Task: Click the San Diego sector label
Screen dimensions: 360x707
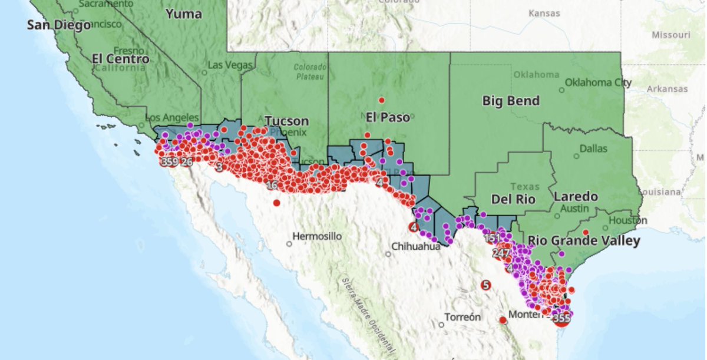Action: [x=58, y=25]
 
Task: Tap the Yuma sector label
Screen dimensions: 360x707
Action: [x=183, y=14]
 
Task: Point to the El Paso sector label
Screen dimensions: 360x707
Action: [x=387, y=117]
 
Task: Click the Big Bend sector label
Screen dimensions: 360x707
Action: [x=511, y=101]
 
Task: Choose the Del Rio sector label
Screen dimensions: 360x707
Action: [x=513, y=199]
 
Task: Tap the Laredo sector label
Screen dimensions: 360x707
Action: [x=576, y=196]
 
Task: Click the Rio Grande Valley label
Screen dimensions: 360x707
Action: [x=583, y=240]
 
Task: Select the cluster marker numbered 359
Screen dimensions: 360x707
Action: [x=170, y=162]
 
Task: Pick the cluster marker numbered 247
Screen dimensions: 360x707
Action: [x=501, y=254]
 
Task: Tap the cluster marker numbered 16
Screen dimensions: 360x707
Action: [x=272, y=185]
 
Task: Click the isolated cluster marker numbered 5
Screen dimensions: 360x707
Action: [x=485, y=285]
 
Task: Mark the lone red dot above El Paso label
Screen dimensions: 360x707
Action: [x=382, y=100]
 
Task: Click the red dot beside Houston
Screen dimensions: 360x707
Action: [x=586, y=232]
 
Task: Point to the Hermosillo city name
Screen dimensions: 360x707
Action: [x=318, y=236]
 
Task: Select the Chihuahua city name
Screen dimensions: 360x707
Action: [x=415, y=247]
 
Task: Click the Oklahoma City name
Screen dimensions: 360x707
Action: [x=597, y=82]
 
